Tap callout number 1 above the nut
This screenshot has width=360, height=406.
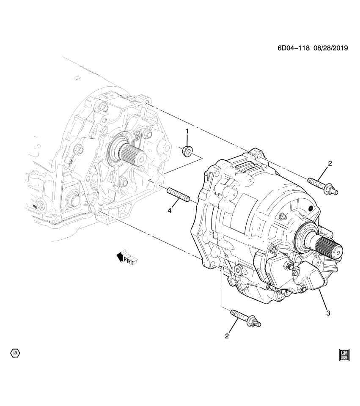pyautogui.click(x=187, y=132)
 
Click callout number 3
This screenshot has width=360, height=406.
pyautogui.click(x=328, y=313)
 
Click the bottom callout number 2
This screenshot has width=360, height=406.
pyautogui.click(x=227, y=336)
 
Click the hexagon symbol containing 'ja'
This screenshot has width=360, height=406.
pyautogui.click(x=15, y=352)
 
